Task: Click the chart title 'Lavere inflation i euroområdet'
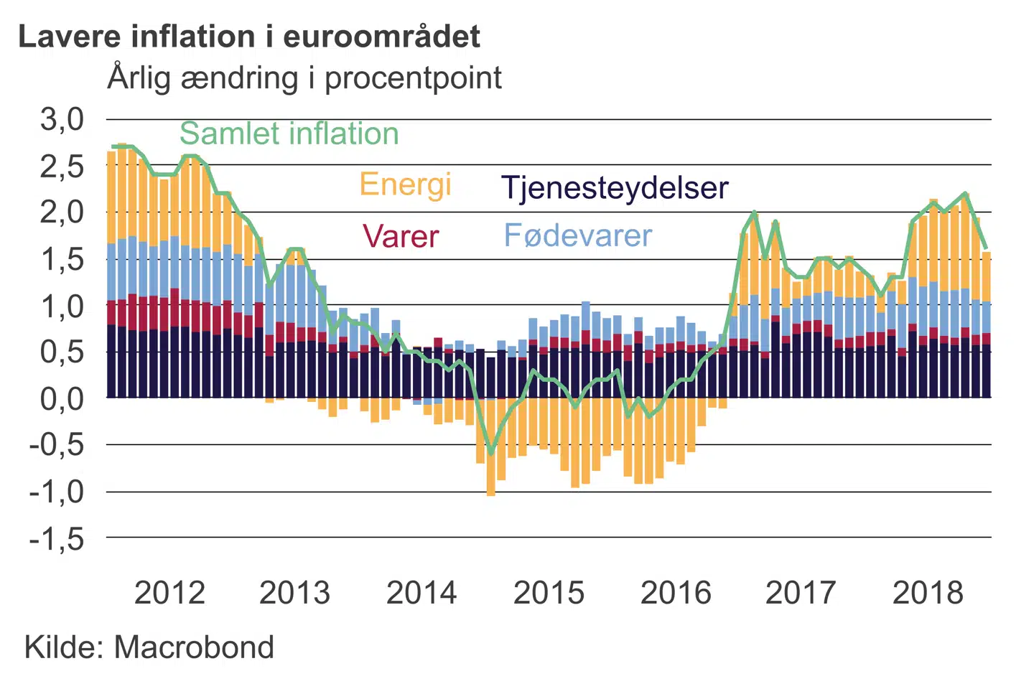tap(249, 36)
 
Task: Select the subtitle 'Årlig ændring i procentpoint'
tap(304, 78)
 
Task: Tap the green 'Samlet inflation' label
tap(289, 133)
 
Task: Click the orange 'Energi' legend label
tap(405, 184)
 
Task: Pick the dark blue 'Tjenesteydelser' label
tap(615, 188)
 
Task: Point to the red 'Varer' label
tap(400, 236)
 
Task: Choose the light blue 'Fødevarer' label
tap(578, 235)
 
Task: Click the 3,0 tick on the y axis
tap(62, 119)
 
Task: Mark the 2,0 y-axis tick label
tap(62, 212)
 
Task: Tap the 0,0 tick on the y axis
tap(62, 398)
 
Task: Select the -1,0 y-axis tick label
tap(57, 492)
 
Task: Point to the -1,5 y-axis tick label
tap(57, 538)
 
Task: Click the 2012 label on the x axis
tap(169, 593)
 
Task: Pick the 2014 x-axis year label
tap(421, 593)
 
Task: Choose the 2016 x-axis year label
tap(675, 593)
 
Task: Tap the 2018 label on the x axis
tap(928, 593)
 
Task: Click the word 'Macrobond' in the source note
tap(194, 647)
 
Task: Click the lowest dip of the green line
tap(491, 453)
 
